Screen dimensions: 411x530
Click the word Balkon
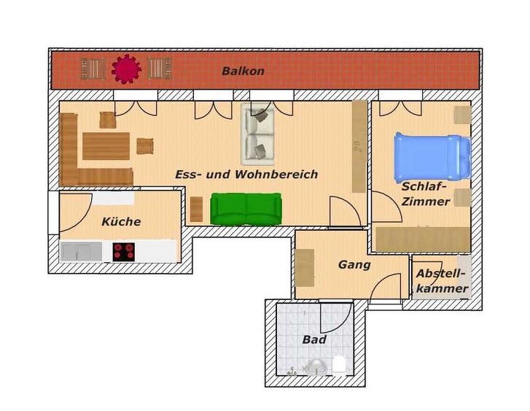coord(243,72)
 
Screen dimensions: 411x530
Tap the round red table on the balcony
coord(126,69)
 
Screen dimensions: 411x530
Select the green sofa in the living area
coord(246,208)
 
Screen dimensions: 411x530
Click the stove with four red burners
coord(124,251)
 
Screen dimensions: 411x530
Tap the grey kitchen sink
coord(81,251)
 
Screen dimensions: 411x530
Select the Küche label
coord(121,222)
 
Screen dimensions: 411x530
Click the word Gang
coord(354,265)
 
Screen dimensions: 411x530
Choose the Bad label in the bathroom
coord(314,339)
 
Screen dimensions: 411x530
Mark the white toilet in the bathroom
coord(339,364)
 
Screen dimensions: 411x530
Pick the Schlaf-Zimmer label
coord(425,194)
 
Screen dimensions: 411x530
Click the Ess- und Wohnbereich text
coord(246,174)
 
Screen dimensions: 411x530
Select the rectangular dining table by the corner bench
coord(106,145)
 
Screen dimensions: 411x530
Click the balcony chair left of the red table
coord(93,69)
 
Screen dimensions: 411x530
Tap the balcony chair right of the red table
coord(159,69)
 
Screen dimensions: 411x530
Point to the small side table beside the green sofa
coord(196,209)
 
